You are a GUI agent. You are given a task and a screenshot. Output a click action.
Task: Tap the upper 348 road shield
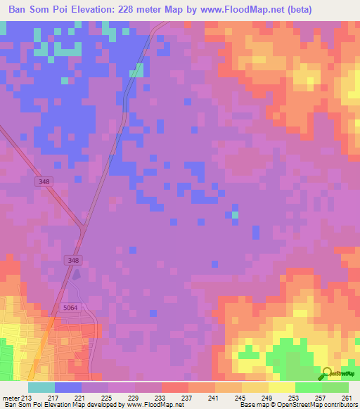pos(44,181)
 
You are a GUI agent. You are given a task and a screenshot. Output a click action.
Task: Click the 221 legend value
pos(81,398)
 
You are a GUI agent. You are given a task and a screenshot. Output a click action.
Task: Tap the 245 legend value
pos(240,398)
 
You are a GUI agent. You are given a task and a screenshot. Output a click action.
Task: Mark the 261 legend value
pos(346,398)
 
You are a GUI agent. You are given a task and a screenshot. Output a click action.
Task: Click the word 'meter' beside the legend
pos(11,398)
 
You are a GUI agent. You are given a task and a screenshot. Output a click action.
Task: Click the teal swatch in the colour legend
pos(41,387)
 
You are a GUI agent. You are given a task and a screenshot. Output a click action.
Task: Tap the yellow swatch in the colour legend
pos(281,387)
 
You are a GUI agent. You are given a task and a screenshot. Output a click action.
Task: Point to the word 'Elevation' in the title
pos(91,9)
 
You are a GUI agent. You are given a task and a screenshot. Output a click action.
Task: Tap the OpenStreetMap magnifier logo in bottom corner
pos(328,372)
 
